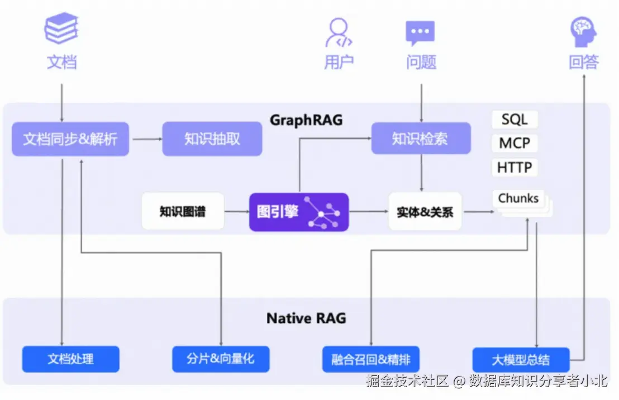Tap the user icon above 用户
tap(339, 32)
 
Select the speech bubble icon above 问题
tap(420, 33)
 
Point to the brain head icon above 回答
tap(584, 31)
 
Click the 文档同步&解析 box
tap(70, 139)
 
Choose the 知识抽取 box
tap(212, 139)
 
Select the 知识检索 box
tap(421, 139)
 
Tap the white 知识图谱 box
tap(183, 212)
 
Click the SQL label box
tap(515, 120)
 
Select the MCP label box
tap(515, 143)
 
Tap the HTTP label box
tap(515, 167)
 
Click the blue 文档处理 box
tap(70, 359)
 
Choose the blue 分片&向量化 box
tap(221, 359)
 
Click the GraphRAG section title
tap(306, 120)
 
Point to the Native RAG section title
tap(306, 318)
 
